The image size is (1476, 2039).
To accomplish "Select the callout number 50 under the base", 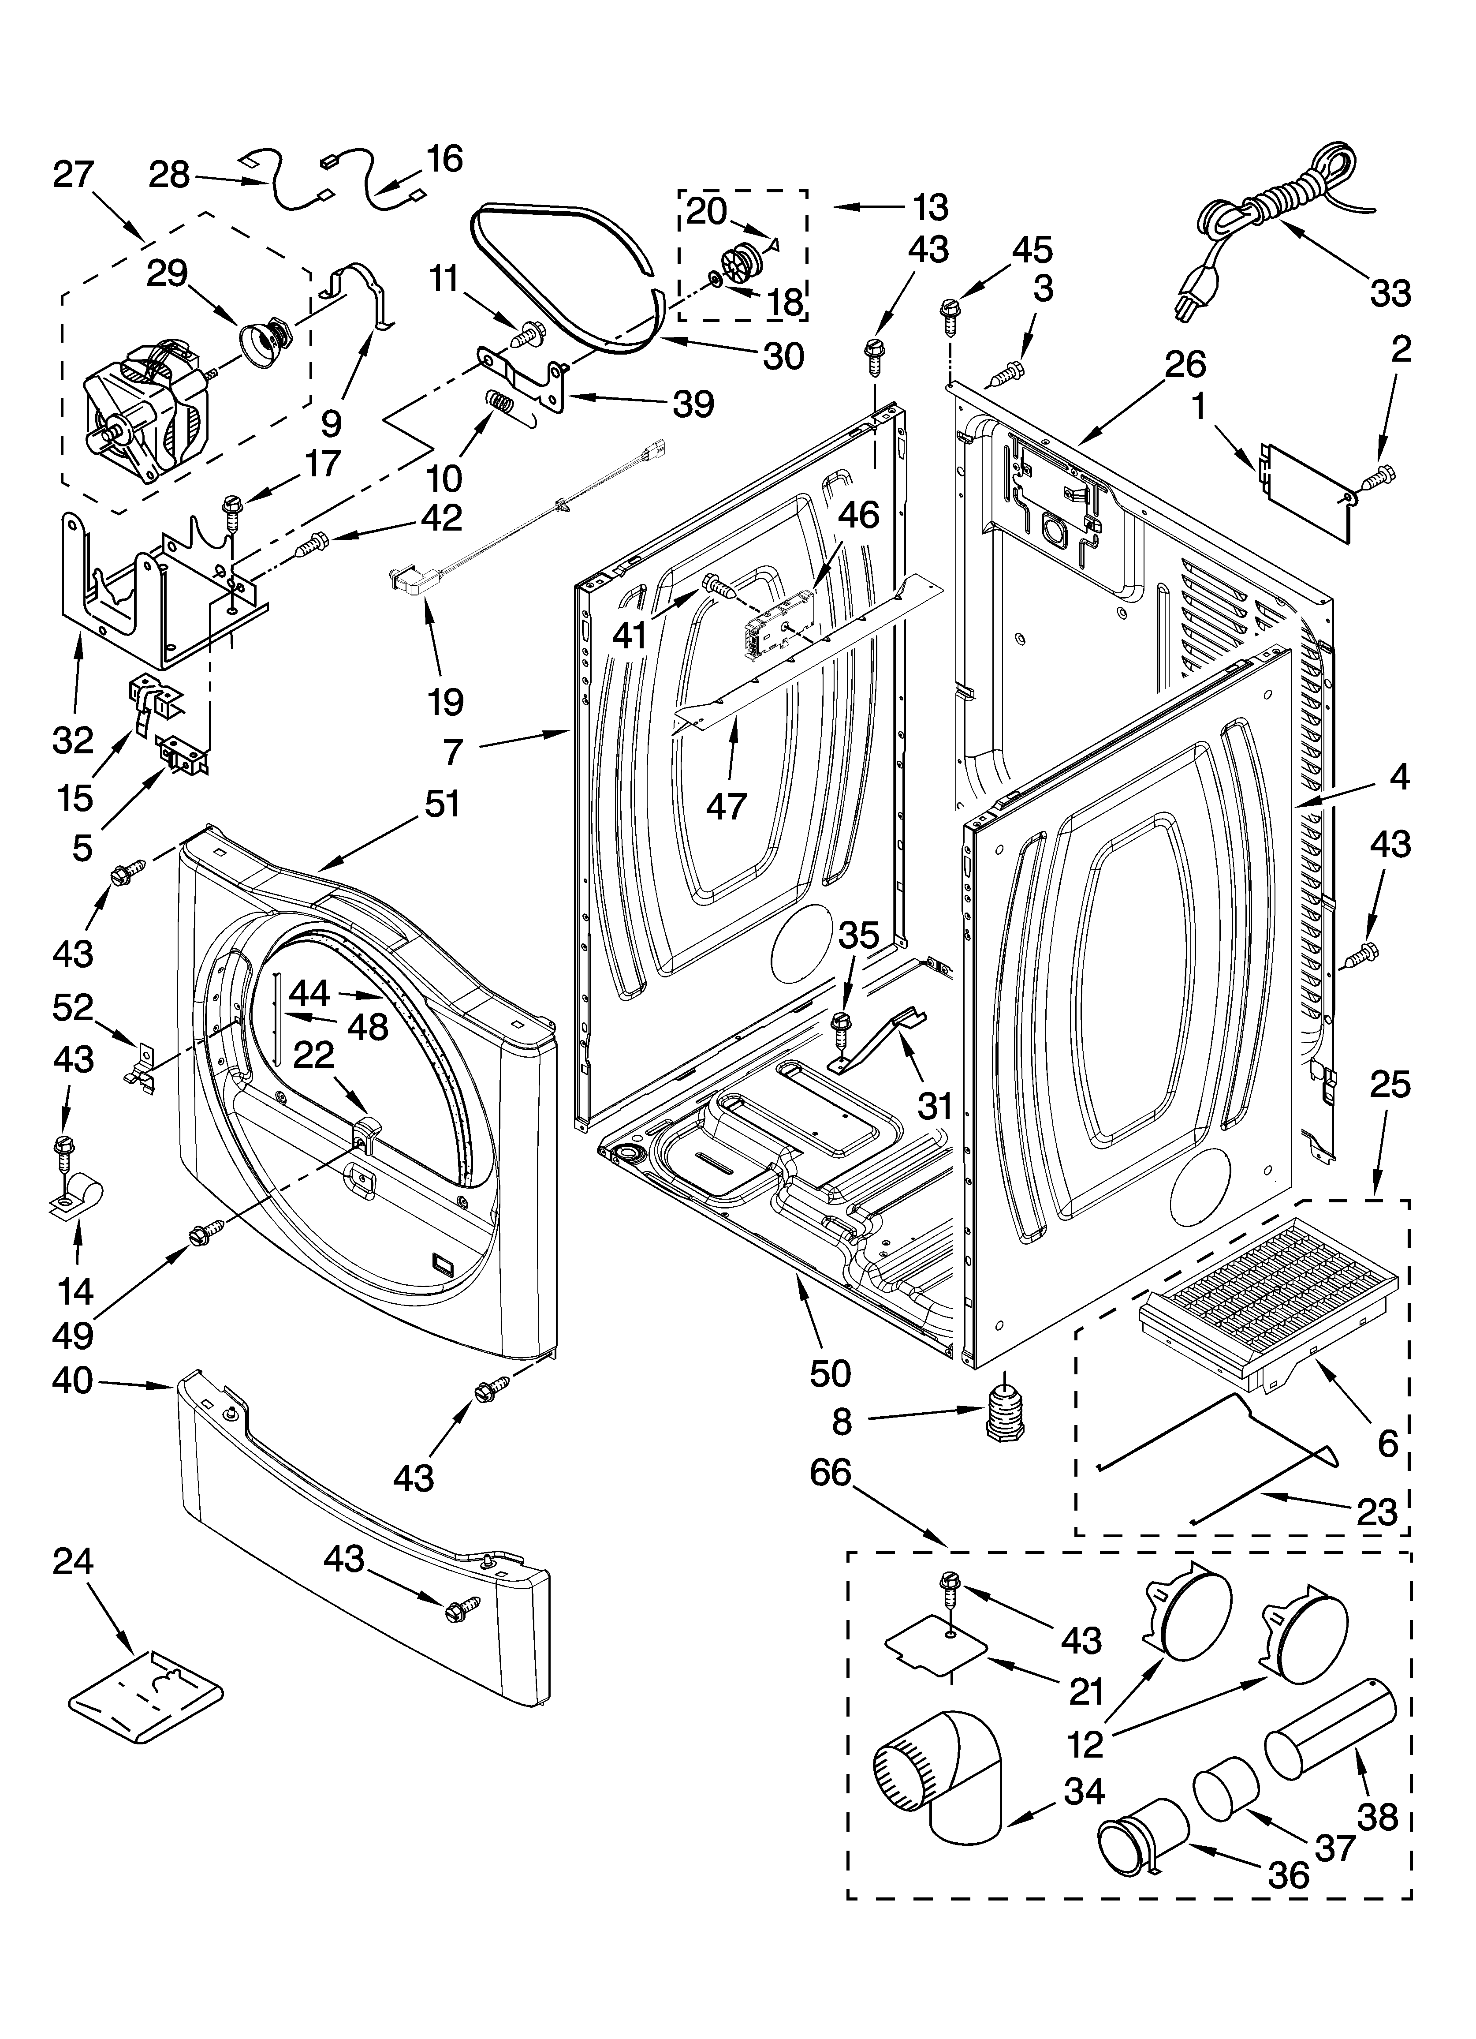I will coord(830,1373).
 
